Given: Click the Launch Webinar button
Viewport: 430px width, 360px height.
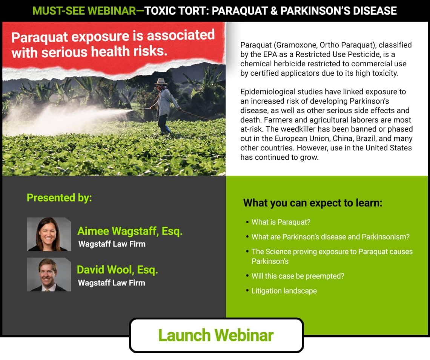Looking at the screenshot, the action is pyautogui.click(x=217, y=335).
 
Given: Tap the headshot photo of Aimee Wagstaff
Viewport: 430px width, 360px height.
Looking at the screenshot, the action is pyautogui.click(x=49, y=234).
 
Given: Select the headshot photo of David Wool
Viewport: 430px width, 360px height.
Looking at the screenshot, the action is pyautogui.click(x=49, y=274).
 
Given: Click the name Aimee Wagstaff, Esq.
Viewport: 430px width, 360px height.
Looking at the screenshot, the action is pyautogui.click(x=130, y=231).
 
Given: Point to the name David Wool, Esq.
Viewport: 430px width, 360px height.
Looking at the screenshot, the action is pyautogui.click(x=117, y=270).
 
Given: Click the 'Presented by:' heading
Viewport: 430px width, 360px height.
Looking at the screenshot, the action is pyautogui.click(x=59, y=198).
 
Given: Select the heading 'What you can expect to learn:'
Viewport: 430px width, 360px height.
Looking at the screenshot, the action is pyautogui.click(x=313, y=203).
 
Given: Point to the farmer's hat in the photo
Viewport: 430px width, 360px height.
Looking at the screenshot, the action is pyautogui.click(x=161, y=81).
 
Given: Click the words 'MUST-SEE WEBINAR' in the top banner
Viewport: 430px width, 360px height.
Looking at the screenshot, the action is pyautogui.click(x=84, y=11).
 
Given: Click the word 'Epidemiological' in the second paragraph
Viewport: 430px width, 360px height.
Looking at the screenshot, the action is pyautogui.click(x=267, y=92).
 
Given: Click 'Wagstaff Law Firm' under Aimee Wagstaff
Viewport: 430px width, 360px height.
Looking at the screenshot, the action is pyautogui.click(x=112, y=244).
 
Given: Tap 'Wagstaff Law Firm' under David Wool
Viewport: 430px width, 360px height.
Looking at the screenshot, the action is pyautogui.click(x=111, y=283).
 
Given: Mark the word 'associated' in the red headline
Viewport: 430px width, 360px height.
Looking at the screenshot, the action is pyautogui.click(x=181, y=35).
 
